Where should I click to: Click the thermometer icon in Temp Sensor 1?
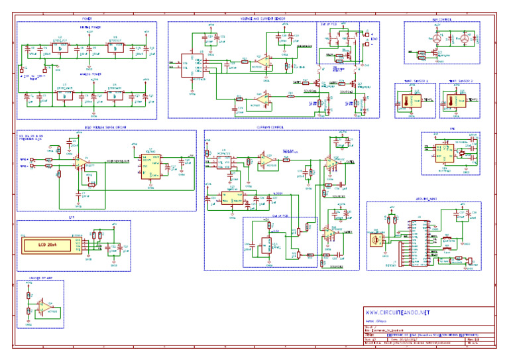(x=406, y=101)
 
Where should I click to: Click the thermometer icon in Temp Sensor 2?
(x=451, y=101)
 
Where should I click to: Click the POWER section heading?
(x=87, y=19)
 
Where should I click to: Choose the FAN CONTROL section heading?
(x=442, y=19)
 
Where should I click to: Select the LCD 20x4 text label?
(x=51, y=245)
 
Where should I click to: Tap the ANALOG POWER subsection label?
(x=89, y=74)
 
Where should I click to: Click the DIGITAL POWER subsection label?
(x=89, y=27)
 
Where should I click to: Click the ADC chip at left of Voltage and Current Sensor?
(x=193, y=66)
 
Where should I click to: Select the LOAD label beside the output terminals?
(x=375, y=39)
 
